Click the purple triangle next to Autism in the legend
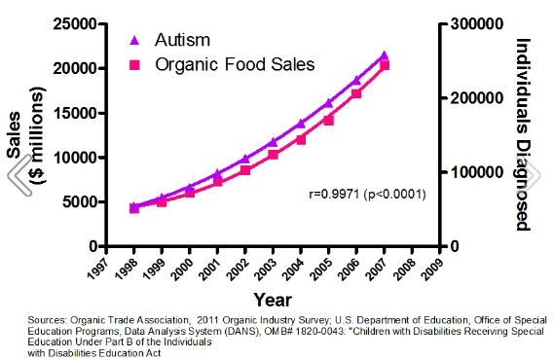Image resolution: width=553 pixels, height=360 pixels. (x=135, y=41)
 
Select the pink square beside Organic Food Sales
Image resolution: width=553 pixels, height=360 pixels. (x=135, y=66)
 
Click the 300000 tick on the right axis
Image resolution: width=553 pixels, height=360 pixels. (x=474, y=24)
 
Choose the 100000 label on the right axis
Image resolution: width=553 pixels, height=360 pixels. (x=474, y=172)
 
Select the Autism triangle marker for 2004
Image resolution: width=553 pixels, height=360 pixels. (x=301, y=124)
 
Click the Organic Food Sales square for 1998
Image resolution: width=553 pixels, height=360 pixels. (x=134, y=208)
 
